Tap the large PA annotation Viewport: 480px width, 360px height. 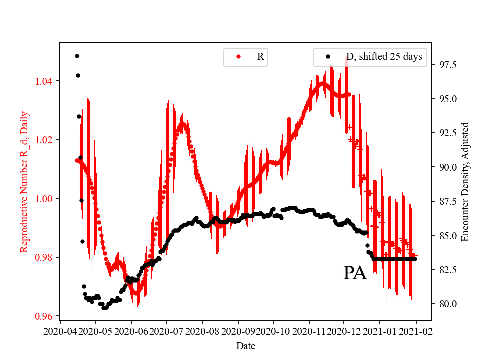[355, 273]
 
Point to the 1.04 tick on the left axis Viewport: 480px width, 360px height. [45, 81]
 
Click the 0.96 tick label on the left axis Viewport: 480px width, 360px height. [45, 316]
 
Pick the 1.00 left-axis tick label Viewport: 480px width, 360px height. [45, 199]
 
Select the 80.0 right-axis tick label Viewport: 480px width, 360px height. [447, 304]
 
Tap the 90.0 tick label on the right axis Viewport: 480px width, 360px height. [447, 167]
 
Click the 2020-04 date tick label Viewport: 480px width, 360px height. [60, 331]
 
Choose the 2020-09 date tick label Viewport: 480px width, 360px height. [238, 331]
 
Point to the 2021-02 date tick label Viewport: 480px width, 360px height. [416, 331]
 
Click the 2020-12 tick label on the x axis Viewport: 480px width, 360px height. [344, 331]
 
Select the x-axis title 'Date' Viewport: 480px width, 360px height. [245, 345]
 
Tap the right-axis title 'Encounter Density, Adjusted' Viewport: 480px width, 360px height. [465, 182]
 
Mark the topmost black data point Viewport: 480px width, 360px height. [77, 56]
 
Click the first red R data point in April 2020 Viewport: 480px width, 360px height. [77, 160]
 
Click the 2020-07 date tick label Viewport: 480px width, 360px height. [166, 331]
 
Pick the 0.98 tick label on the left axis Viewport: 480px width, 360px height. [45, 257]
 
